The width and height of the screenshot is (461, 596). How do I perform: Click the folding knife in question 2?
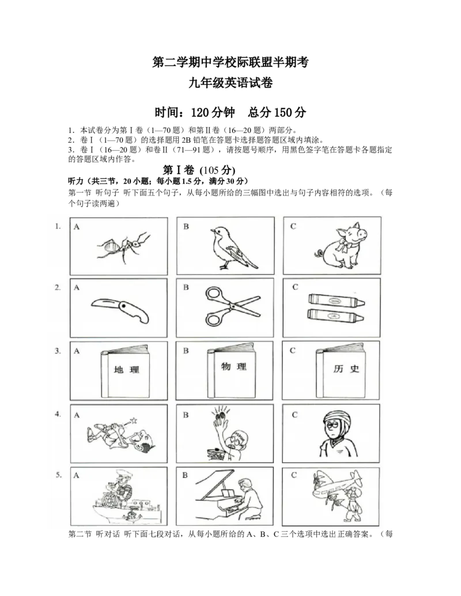tap(120, 309)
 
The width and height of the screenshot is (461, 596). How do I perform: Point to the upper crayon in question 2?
tap(336, 299)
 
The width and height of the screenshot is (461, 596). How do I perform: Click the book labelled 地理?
tap(125, 371)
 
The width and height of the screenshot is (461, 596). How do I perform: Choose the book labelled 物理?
tap(231, 371)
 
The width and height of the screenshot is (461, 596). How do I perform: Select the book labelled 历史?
tap(341, 370)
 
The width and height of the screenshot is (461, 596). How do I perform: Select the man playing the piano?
tap(249, 500)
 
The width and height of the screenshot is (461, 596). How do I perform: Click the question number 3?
tap(58, 351)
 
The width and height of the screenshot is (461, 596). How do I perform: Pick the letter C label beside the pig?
tap(293, 226)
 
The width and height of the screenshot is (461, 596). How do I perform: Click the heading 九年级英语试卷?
tap(231, 82)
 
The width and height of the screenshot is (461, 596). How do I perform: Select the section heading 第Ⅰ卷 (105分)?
tap(199, 170)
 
